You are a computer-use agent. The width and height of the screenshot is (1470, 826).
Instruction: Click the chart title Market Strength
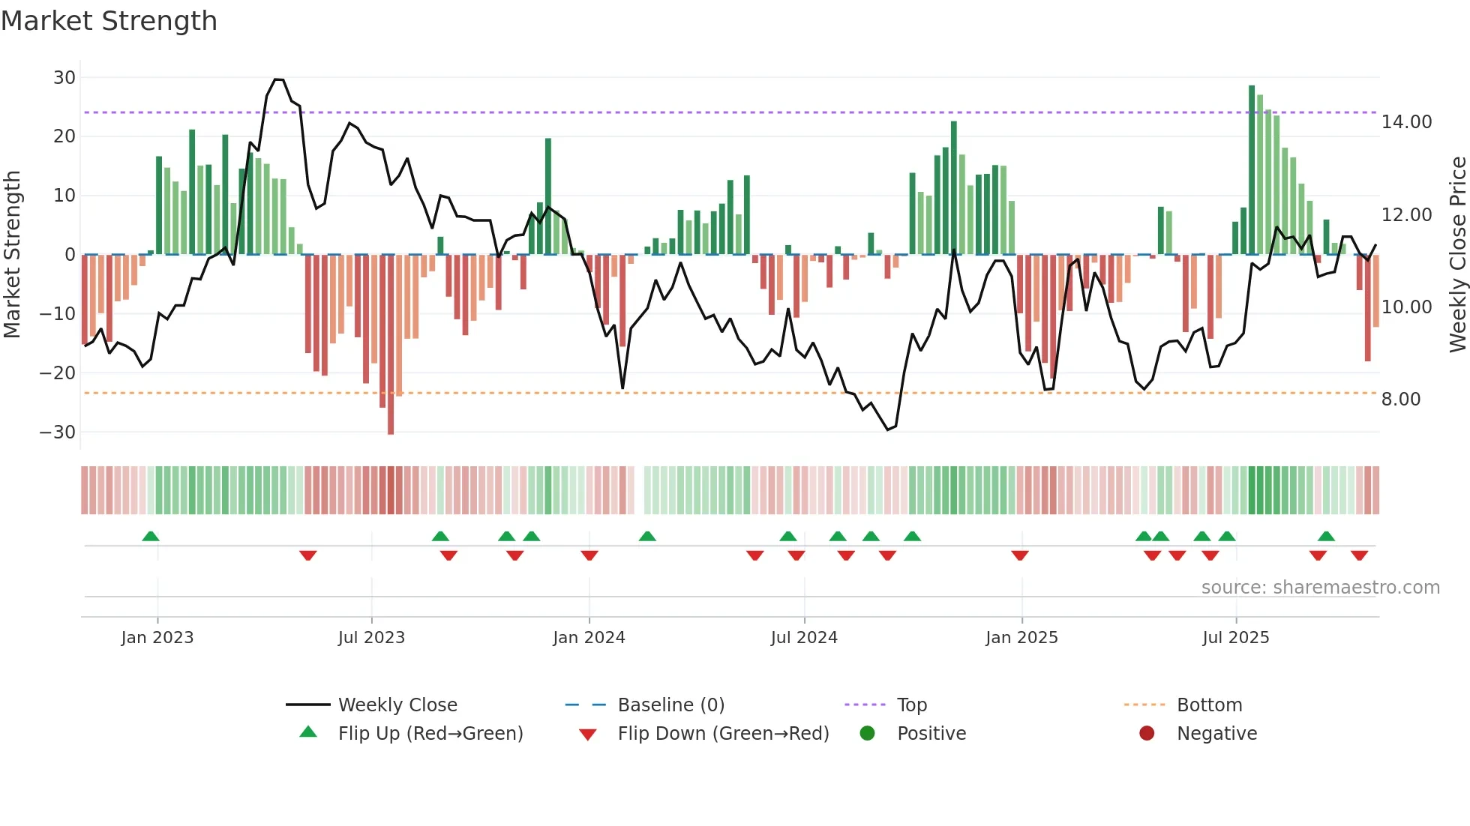click(x=109, y=21)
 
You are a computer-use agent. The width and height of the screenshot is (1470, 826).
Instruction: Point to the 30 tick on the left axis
click(x=64, y=78)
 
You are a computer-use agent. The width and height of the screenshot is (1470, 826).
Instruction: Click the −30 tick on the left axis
click(x=58, y=432)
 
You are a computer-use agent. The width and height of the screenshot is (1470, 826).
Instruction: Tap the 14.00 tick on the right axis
click(x=1406, y=122)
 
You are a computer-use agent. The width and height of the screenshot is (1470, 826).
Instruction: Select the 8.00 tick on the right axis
click(x=1400, y=400)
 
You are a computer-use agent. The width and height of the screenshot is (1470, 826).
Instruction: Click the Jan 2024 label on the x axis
click(x=589, y=638)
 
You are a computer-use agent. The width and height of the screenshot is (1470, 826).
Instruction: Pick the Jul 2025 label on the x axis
click(x=1235, y=638)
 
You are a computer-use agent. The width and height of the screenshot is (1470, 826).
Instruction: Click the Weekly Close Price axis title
click(x=1457, y=255)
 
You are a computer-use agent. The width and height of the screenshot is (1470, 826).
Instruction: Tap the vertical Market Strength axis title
click(x=13, y=255)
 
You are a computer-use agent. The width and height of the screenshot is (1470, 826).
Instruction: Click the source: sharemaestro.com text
click(x=1320, y=588)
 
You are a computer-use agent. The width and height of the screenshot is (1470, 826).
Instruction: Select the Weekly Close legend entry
click(x=397, y=705)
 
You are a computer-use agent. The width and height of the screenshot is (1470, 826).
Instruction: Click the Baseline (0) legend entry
click(x=670, y=705)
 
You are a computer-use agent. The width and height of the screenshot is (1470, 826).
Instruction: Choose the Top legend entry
click(x=911, y=705)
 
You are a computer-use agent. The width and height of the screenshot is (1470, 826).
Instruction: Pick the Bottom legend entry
click(x=1209, y=705)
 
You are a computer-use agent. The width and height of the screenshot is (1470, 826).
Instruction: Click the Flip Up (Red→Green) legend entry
click(x=430, y=734)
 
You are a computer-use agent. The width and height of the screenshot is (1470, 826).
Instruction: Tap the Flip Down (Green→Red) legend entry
click(x=723, y=734)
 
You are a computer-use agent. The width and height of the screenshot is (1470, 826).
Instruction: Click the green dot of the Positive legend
click(x=867, y=734)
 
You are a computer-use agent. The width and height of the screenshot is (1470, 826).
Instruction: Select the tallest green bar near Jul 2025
click(x=1252, y=169)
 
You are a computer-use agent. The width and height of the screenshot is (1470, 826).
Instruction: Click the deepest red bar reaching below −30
click(x=391, y=344)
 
